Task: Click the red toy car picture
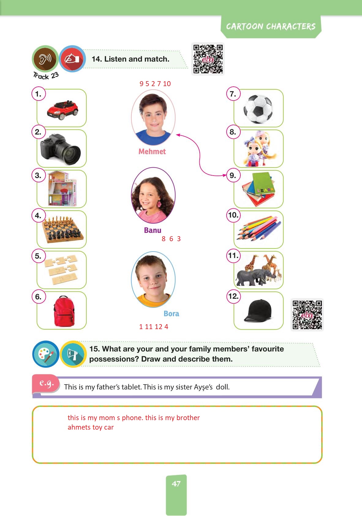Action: (x=62, y=110)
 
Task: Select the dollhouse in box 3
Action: (x=62, y=188)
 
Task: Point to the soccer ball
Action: (x=258, y=109)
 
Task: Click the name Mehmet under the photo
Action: (x=152, y=151)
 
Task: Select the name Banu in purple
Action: (x=153, y=230)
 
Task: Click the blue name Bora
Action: (x=171, y=313)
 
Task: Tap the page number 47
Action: (x=176, y=484)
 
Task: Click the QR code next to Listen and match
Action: (x=208, y=59)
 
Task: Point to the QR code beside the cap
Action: (x=307, y=315)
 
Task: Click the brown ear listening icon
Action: (x=45, y=59)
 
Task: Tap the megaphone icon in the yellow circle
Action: (x=73, y=354)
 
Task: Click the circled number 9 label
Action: (x=233, y=176)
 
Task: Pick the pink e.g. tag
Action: (x=46, y=383)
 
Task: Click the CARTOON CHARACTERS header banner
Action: (x=271, y=27)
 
